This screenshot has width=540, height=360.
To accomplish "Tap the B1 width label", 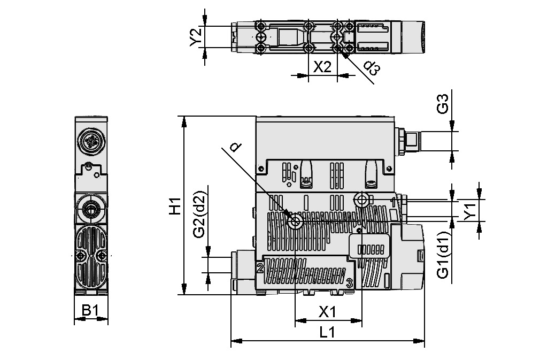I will click(90, 310).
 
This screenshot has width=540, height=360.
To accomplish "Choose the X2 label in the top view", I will click(322, 67).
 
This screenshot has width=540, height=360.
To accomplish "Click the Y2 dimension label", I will click(196, 36).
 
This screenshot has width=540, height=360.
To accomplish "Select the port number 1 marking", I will click(394, 202).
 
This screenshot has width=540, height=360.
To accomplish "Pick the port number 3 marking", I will click(349, 282).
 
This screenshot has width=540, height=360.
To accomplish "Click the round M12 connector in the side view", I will click(90, 141).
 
